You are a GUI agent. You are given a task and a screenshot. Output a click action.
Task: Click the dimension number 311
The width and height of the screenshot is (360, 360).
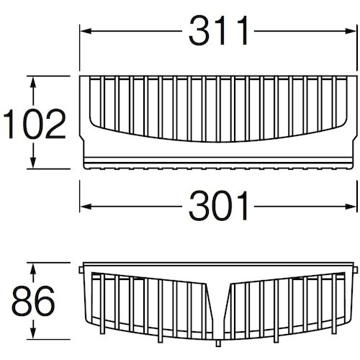click(x=219, y=31)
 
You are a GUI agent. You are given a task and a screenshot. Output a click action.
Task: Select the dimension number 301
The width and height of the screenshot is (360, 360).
click(x=219, y=207)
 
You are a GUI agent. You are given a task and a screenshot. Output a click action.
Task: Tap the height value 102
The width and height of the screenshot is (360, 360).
click(x=32, y=124)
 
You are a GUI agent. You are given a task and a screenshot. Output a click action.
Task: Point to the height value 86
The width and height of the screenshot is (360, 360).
click(x=32, y=302)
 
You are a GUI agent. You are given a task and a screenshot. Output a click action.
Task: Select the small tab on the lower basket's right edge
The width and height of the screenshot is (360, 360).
click(x=356, y=271)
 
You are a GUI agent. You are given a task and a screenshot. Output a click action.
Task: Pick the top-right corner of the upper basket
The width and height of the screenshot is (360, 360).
click(x=358, y=76)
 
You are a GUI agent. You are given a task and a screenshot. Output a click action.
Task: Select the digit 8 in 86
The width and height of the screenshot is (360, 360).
click(x=22, y=302)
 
